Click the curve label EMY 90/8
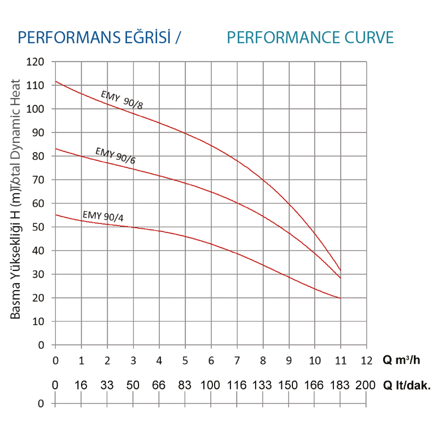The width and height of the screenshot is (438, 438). pyautogui.click(x=122, y=100)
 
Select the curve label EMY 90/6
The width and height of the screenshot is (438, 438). pyautogui.click(x=115, y=155)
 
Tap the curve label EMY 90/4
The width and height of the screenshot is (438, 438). pyautogui.click(x=103, y=216)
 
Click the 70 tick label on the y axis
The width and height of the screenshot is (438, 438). pyautogui.click(x=38, y=180)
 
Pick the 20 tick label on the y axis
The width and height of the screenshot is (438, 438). pyautogui.click(x=38, y=298)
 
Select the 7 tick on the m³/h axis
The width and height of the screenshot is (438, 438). pyautogui.click(x=237, y=360)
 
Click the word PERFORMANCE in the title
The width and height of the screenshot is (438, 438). pyautogui.click(x=280, y=37)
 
